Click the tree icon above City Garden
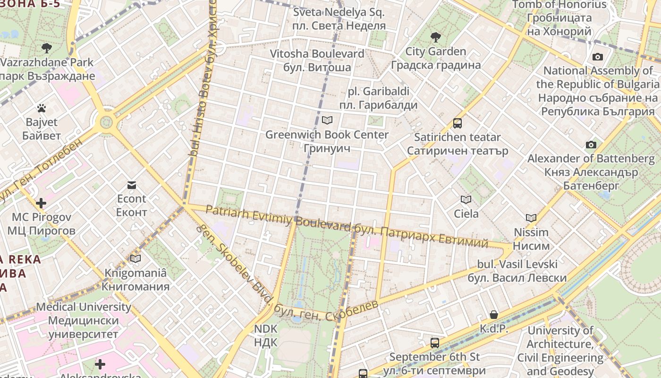click(x=435, y=37)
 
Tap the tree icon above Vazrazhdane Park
click(x=46, y=48)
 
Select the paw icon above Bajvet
click(x=42, y=108)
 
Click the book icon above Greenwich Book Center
click(x=327, y=120)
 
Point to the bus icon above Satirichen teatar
click(x=457, y=123)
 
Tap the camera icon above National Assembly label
click(x=597, y=57)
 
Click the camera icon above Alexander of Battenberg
click(x=591, y=145)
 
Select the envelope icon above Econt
click(x=131, y=185)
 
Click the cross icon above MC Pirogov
click(x=41, y=203)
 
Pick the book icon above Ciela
click(x=466, y=200)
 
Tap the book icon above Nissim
click(x=531, y=218)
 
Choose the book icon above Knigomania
click(x=136, y=258)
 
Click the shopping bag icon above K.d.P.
click(x=493, y=315)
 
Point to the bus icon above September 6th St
click(x=434, y=343)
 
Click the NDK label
click(x=266, y=335)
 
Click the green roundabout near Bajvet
click(x=106, y=123)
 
